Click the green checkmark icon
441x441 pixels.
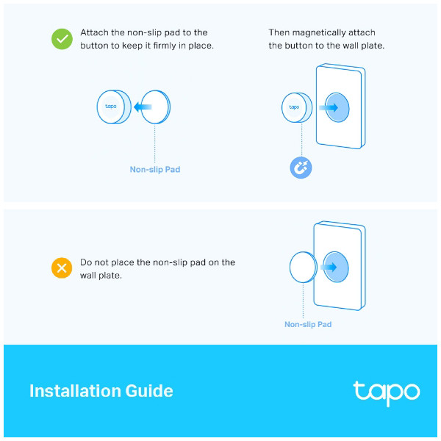(x=62, y=39)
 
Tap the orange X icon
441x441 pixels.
(x=62, y=268)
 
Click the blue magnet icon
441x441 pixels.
(x=301, y=168)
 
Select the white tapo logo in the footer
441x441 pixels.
(x=387, y=393)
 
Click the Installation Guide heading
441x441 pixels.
(x=101, y=391)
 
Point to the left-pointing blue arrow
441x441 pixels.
(x=143, y=107)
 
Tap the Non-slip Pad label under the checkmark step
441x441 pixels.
(x=155, y=169)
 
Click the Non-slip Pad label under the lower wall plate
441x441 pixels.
(x=308, y=324)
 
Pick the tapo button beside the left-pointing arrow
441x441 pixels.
(x=114, y=107)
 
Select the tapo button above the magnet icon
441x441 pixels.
(x=297, y=107)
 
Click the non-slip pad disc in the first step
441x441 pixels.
(x=156, y=107)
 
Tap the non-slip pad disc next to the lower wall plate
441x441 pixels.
(x=304, y=268)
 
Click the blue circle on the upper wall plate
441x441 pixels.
(x=337, y=107)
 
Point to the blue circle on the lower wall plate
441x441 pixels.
(x=336, y=267)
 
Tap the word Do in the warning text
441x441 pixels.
(x=86, y=262)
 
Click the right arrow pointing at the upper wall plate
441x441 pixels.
(x=329, y=107)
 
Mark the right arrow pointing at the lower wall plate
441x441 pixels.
(x=329, y=267)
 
